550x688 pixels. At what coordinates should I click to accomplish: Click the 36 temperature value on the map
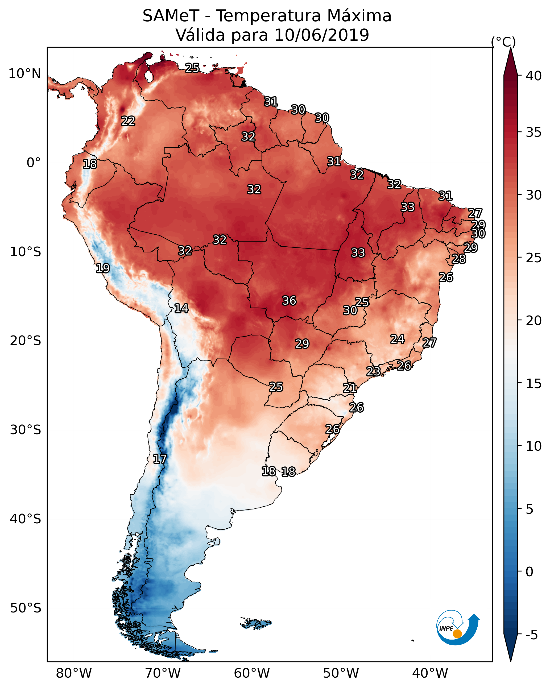pyautogui.click(x=289, y=301)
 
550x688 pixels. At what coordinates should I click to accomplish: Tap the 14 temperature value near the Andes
pyautogui.click(x=181, y=308)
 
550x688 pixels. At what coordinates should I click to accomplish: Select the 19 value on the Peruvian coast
pyautogui.click(x=103, y=268)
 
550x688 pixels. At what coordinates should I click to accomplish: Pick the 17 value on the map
pyautogui.click(x=160, y=459)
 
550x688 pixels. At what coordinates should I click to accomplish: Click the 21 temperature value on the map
pyautogui.click(x=350, y=388)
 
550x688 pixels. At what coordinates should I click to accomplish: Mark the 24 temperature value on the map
pyautogui.click(x=398, y=339)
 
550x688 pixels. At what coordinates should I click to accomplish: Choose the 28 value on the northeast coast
pyautogui.click(x=459, y=259)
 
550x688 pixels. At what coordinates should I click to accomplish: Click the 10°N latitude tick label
pyautogui.click(x=24, y=74)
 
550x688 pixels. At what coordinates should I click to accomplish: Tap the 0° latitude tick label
pyautogui.click(x=34, y=163)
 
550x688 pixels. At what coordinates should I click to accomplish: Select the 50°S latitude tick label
pyautogui.click(x=26, y=608)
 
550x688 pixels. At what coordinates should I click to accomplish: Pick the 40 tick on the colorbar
pyautogui.click(x=534, y=76)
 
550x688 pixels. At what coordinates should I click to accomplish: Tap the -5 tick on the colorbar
pyautogui.click(x=531, y=635)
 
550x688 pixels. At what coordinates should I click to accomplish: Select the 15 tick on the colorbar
pyautogui.click(x=534, y=384)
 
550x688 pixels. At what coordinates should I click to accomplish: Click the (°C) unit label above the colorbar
pyautogui.click(x=503, y=42)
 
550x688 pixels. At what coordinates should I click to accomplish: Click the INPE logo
pyautogui.click(x=457, y=628)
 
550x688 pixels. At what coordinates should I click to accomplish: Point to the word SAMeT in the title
pyautogui.click(x=171, y=16)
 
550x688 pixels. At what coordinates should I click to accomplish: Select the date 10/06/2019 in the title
pyautogui.click(x=321, y=35)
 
